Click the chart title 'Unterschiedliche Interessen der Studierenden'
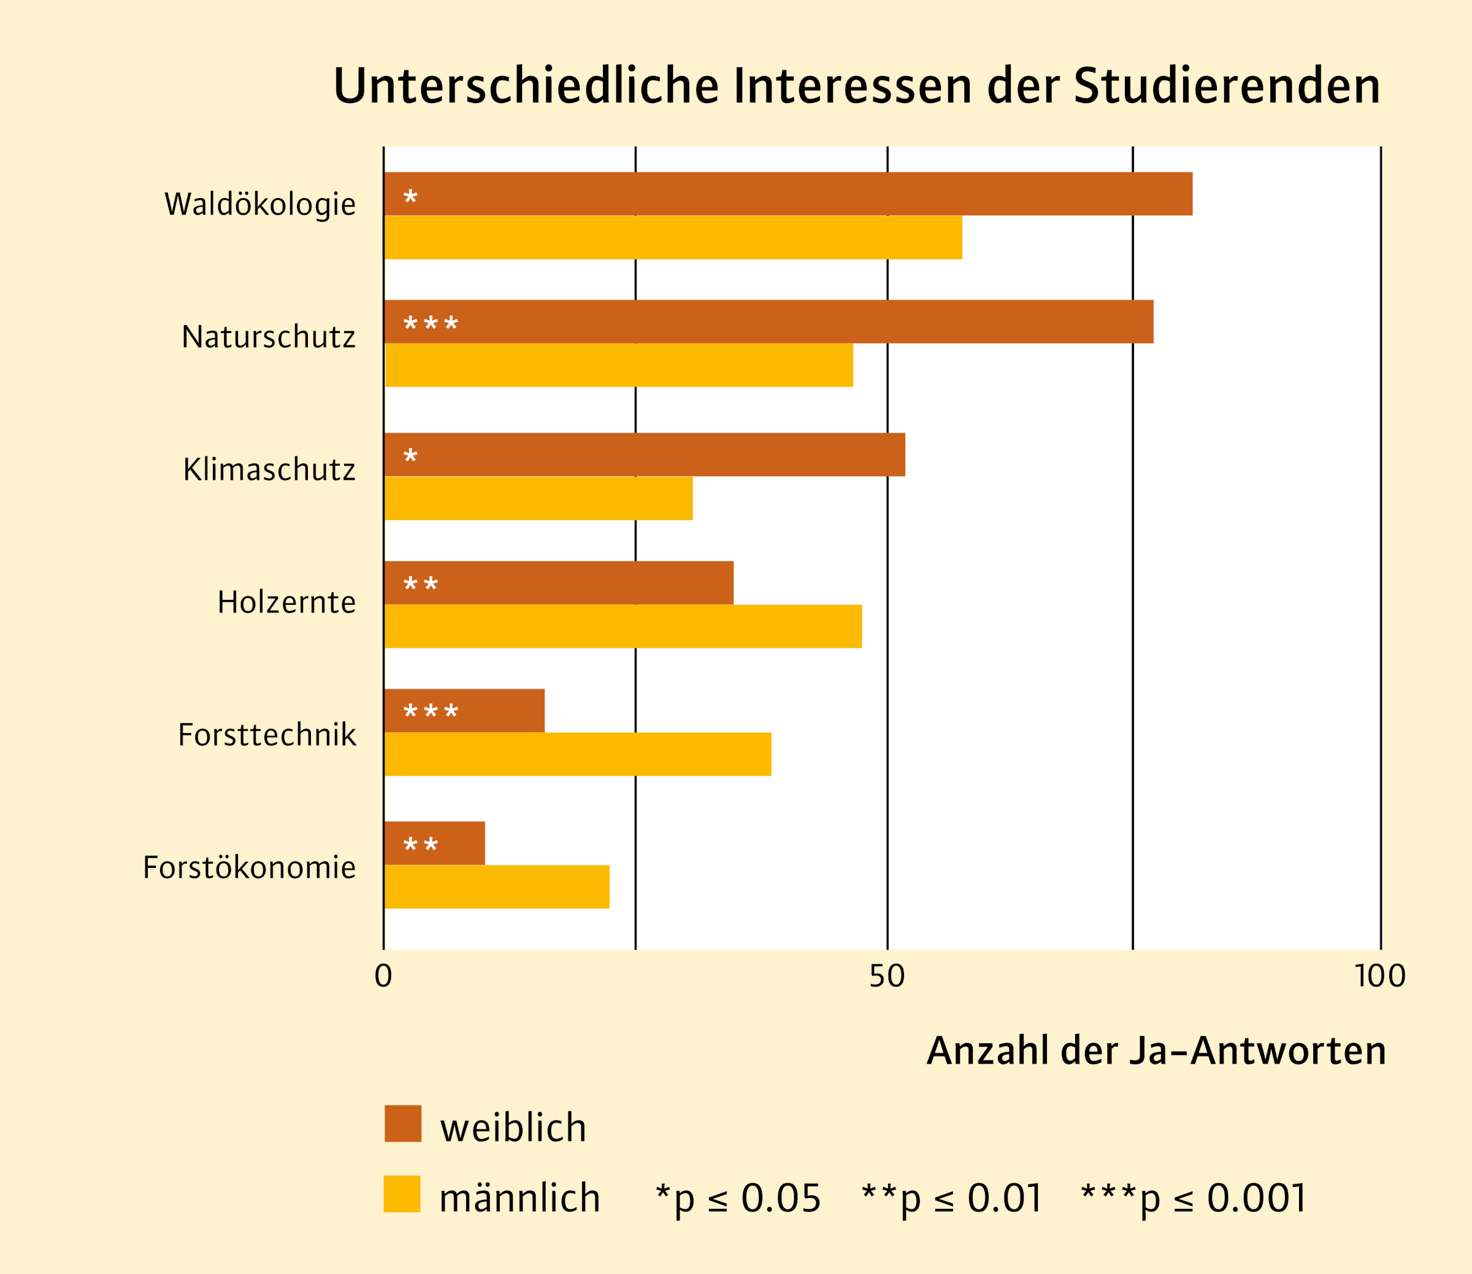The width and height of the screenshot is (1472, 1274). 856,86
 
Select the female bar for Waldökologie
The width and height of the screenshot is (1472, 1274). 788,193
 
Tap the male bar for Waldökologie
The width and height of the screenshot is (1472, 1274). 672,237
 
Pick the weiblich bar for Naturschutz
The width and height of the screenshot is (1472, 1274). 769,321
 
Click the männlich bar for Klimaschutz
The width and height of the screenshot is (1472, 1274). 538,498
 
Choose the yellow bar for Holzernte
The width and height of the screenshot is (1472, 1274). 623,626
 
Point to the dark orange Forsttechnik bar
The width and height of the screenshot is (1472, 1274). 464,711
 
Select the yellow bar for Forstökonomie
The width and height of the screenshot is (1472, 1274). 496,886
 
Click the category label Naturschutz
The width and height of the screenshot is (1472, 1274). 268,337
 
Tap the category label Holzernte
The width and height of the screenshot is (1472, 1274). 286,602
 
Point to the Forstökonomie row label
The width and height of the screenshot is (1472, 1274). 249,867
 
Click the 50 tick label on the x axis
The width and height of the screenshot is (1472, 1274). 887,977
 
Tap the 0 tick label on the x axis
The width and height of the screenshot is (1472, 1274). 383,977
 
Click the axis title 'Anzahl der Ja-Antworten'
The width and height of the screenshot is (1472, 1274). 1156,1051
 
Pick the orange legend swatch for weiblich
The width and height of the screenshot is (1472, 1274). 403,1124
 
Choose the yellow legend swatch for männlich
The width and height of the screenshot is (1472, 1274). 402,1194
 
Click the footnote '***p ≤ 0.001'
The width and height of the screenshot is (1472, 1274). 1194,1199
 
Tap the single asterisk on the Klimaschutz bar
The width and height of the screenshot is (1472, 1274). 410,456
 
